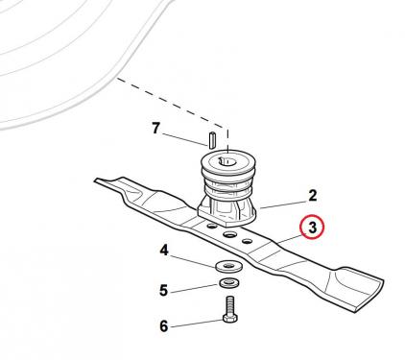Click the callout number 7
pos(155,129)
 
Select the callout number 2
pos(312,196)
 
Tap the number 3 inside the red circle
pos(312,228)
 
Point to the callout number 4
pos(164,251)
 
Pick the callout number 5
pos(163,291)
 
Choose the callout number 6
pos(164,326)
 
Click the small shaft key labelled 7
pos(212,140)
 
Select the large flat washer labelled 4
pos(228,267)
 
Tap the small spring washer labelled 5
pos(227,283)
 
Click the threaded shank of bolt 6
pos(230,305)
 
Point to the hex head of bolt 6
pos(229,318)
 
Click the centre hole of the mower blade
pos(229,235)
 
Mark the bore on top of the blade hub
pos(226,161)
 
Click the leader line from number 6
pos(197,324)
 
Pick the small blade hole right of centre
pos(247,241)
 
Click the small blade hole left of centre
pos(211,227)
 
